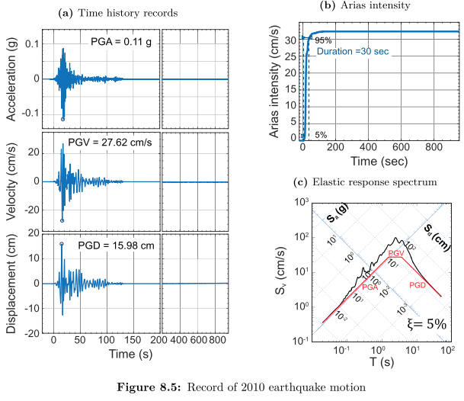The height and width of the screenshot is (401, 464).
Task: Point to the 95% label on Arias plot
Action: point(323,40)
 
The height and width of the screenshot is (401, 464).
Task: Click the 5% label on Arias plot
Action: point(321,135)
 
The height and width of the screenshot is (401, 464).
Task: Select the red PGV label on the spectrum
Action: point(395,252)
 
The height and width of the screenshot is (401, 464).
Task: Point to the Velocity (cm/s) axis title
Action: point(13,182)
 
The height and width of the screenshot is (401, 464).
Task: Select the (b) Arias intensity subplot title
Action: point(369,6)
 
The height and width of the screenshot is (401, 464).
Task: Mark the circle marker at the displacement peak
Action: point(62,243)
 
